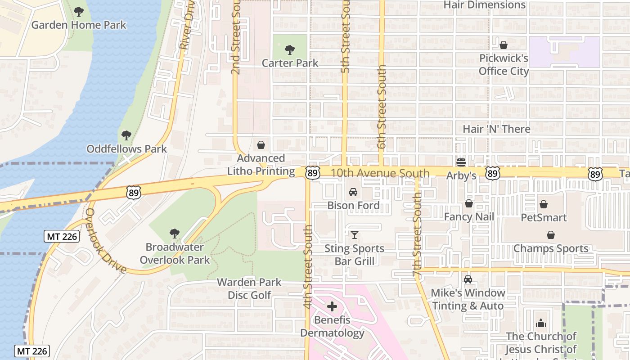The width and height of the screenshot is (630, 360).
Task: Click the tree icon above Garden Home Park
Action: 79,11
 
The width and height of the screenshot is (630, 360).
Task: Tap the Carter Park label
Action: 290,63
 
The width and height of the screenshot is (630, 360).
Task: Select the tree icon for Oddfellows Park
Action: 126,135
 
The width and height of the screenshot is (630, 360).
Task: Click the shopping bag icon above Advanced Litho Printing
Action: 261,145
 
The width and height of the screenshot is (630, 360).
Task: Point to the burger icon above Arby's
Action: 461,162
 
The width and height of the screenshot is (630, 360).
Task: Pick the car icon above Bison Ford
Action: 353,192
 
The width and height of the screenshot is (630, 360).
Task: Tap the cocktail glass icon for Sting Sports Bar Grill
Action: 355,235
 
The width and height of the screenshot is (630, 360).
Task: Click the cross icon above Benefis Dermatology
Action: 332,307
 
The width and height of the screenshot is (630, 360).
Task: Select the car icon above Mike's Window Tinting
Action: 468,279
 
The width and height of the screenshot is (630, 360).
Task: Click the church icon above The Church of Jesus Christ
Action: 540,323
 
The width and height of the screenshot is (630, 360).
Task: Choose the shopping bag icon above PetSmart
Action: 544,204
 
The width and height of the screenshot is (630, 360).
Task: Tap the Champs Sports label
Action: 551,248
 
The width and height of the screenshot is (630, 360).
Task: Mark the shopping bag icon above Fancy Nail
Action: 469,204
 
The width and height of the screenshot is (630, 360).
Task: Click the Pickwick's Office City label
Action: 504,65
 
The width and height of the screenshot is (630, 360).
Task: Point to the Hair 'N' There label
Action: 496,129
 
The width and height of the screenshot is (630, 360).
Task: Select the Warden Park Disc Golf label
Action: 249,288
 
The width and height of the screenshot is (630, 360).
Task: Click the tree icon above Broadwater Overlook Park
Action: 175,234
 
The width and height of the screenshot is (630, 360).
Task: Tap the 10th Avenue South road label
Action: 380,173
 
